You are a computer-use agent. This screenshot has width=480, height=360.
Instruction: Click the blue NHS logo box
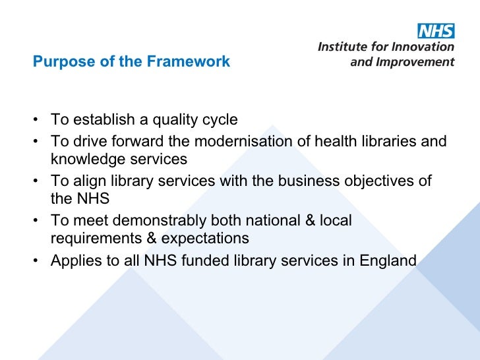pyautogui.click(x=436, y=31)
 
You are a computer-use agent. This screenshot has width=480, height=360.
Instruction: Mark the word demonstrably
pyautogui.click(x=153, y=220)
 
